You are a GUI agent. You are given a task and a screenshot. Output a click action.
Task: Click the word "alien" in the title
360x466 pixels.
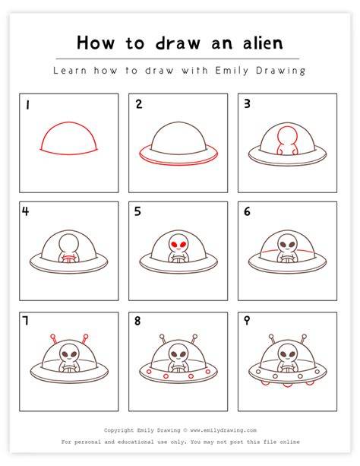coord(263,43)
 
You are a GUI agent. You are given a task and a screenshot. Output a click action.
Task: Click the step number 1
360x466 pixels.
coord(27,105)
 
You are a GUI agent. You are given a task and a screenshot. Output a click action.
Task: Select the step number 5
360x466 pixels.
coord(137,211)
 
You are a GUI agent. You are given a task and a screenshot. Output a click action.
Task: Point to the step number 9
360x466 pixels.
coord(247,321)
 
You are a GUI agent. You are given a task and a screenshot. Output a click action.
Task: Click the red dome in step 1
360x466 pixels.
coord(68,122)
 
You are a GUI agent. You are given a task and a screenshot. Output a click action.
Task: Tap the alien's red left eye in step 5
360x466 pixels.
coord(175,245)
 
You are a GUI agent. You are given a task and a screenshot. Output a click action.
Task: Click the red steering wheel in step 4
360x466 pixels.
coord(69,258)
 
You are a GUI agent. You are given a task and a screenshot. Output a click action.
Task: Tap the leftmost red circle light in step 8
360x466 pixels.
coord(149,372)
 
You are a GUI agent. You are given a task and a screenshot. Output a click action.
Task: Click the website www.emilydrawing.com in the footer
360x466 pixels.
coord(223,430)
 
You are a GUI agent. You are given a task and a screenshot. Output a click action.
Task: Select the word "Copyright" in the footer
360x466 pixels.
coord(118,430)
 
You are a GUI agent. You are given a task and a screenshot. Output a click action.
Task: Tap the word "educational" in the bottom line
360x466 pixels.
coord(136,442)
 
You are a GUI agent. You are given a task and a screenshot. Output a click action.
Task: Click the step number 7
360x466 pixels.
coord(26,321)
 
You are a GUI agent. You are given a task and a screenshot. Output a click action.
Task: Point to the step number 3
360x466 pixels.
coord(247,103)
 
